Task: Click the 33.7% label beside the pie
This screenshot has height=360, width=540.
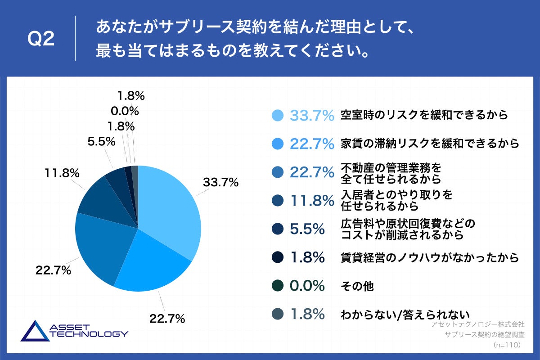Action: pyautogui.click(x=220, y=183)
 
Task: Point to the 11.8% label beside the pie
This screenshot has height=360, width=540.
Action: pyautogui.click(x=62, y=172)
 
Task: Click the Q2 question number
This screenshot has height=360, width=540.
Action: pyautogui.click(x=41, y=39)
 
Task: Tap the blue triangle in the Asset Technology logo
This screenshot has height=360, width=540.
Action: pyautogui.click(x=35, y=332)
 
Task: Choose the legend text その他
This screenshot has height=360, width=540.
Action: pyautogui.click(x=357, y=286)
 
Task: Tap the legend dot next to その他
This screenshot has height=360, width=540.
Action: pyautogui.click(x=278, y=286)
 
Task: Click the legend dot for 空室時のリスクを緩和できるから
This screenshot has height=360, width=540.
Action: pyautogui.click(x=278, y=115)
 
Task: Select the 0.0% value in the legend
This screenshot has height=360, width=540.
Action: pyautogui.click(x=307, y=286)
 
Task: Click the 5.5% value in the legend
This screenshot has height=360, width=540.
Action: pyautogui.click(x=307, y=229)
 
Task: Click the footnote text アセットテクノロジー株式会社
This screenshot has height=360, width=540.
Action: pyautogui.click(x=477, y=324)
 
